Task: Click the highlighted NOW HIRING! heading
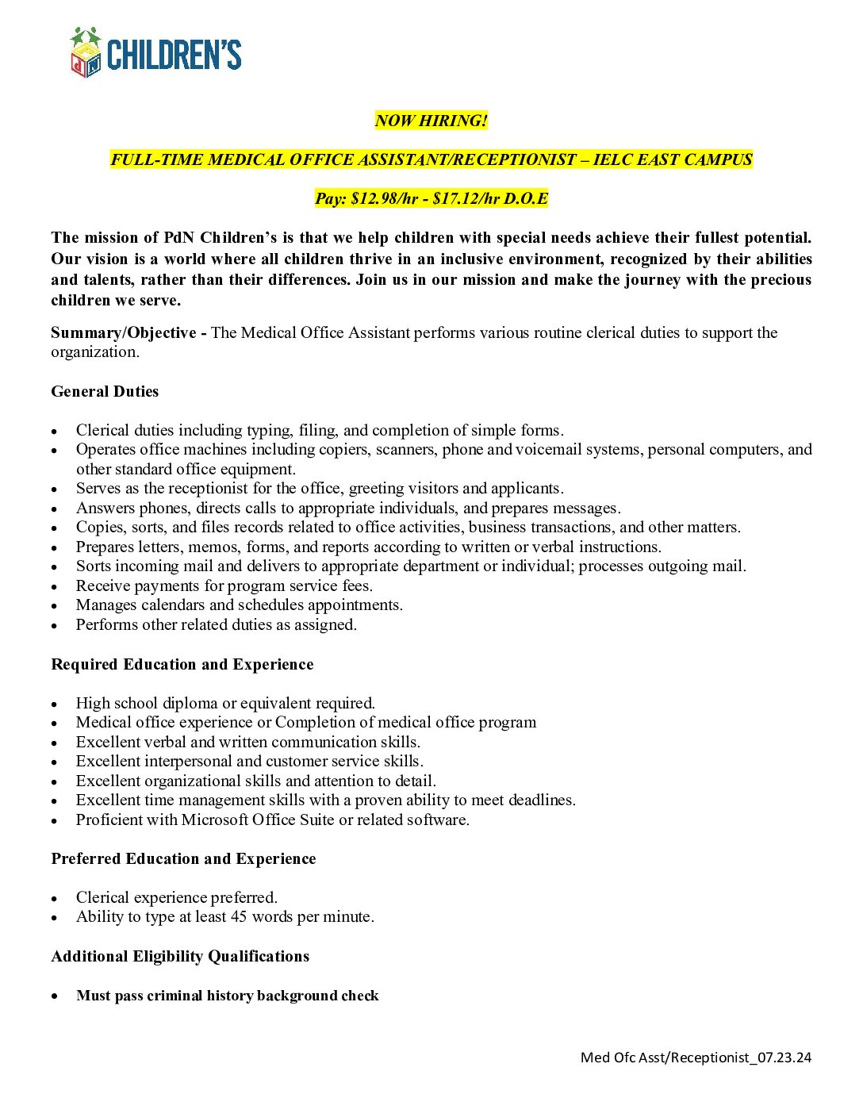tap(431, 121)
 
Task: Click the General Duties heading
tap(105, 391)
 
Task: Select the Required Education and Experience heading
tap(182, 664)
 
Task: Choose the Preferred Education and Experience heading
tap(183, 858)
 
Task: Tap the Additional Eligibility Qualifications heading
tap(180, 956)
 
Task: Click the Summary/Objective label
tap(124, 332)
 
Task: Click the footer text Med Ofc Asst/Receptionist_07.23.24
tap(696, 1057)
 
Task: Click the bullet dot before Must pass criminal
tap(55, 996)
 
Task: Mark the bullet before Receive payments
tap(55, 586)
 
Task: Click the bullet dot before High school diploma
tap(55, 704)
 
